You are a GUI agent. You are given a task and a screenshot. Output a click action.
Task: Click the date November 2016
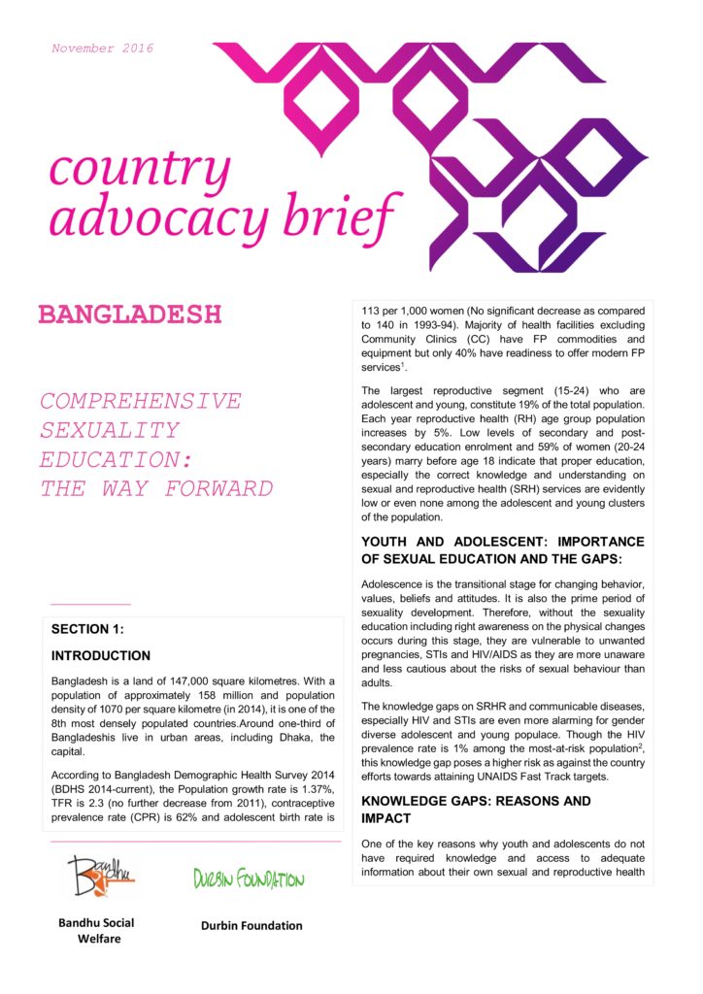click(102, 49)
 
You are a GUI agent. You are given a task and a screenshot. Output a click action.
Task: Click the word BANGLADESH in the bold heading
click(130, 315)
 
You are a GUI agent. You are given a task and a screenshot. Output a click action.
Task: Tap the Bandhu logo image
click(102, 876)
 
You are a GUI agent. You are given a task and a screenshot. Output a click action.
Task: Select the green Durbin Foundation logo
click(249, 879)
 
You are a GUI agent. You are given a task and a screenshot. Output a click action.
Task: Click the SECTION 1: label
click(87, 629)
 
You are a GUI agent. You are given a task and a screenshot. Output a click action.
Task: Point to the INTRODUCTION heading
click(100, 656)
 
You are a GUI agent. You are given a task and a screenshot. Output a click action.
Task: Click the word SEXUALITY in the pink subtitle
click(110, 430)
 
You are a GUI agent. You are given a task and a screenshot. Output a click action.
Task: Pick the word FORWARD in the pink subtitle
click(218, 488)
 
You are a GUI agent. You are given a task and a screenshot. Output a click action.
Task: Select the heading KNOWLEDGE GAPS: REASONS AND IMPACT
click(476, 810)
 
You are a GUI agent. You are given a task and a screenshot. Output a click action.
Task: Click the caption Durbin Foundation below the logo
click(251, 925)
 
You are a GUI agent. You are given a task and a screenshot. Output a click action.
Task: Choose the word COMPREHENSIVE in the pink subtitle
click(141, 401)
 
